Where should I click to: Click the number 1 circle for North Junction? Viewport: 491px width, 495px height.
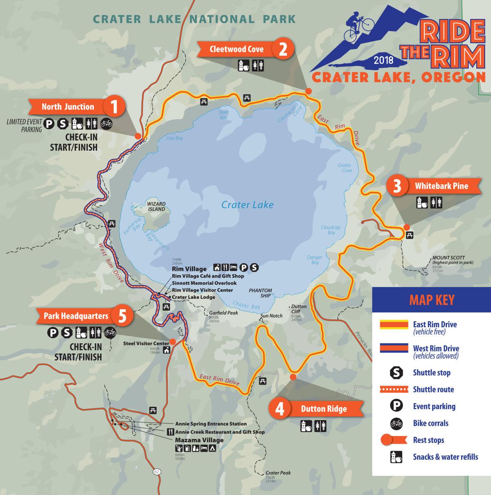click(115, 107)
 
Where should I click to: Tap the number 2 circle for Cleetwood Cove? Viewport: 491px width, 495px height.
click(283, 49)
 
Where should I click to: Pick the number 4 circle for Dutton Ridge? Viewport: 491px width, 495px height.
click(280, 409)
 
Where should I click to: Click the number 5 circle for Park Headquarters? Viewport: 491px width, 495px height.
click(122, 316)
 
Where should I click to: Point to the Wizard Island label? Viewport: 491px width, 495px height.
click(156, 206)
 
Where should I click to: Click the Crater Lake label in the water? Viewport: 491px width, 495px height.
click(247, 205)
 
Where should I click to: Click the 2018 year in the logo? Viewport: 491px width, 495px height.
click(383, 61)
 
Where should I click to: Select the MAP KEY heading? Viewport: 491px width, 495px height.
click(432, 300)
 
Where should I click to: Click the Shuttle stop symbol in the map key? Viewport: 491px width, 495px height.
click(396, 373)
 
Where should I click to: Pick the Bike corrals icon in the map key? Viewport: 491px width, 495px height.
click(396, 423)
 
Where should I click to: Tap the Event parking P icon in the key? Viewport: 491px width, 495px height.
click(396, 406)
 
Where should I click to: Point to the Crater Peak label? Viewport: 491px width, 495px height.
click(278, 473)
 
